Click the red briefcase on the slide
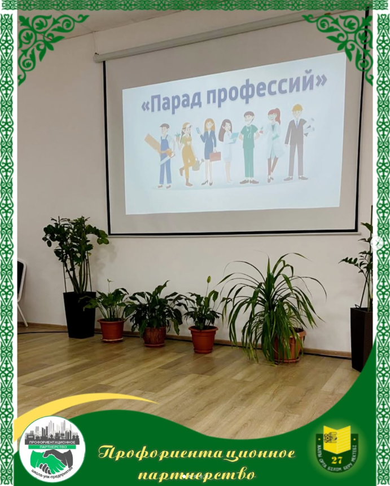215,156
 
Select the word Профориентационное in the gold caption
197,453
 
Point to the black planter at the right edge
362,338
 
